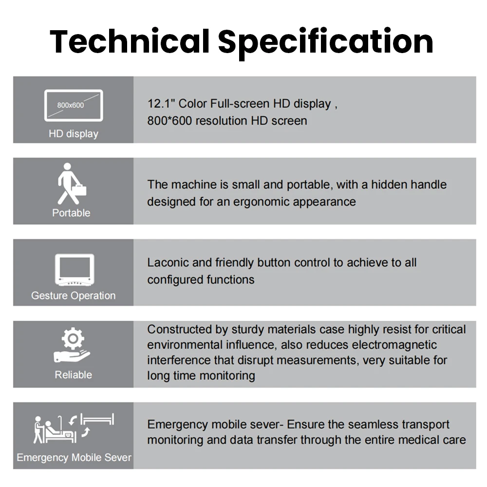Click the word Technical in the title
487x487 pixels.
tap(130, 41)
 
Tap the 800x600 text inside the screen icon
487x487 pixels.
tap(71, 105)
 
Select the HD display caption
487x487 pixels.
tap(74, 133)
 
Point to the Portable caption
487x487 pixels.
tap(71, 213)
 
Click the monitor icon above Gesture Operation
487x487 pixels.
tap(75, 270)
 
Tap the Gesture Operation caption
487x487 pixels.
tap(74, 296)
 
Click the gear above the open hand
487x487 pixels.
tap(73, 338)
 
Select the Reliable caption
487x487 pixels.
tap(74, 375)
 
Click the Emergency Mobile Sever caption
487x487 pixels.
tap(74, 457)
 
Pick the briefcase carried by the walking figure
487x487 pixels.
tap(79, 190)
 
